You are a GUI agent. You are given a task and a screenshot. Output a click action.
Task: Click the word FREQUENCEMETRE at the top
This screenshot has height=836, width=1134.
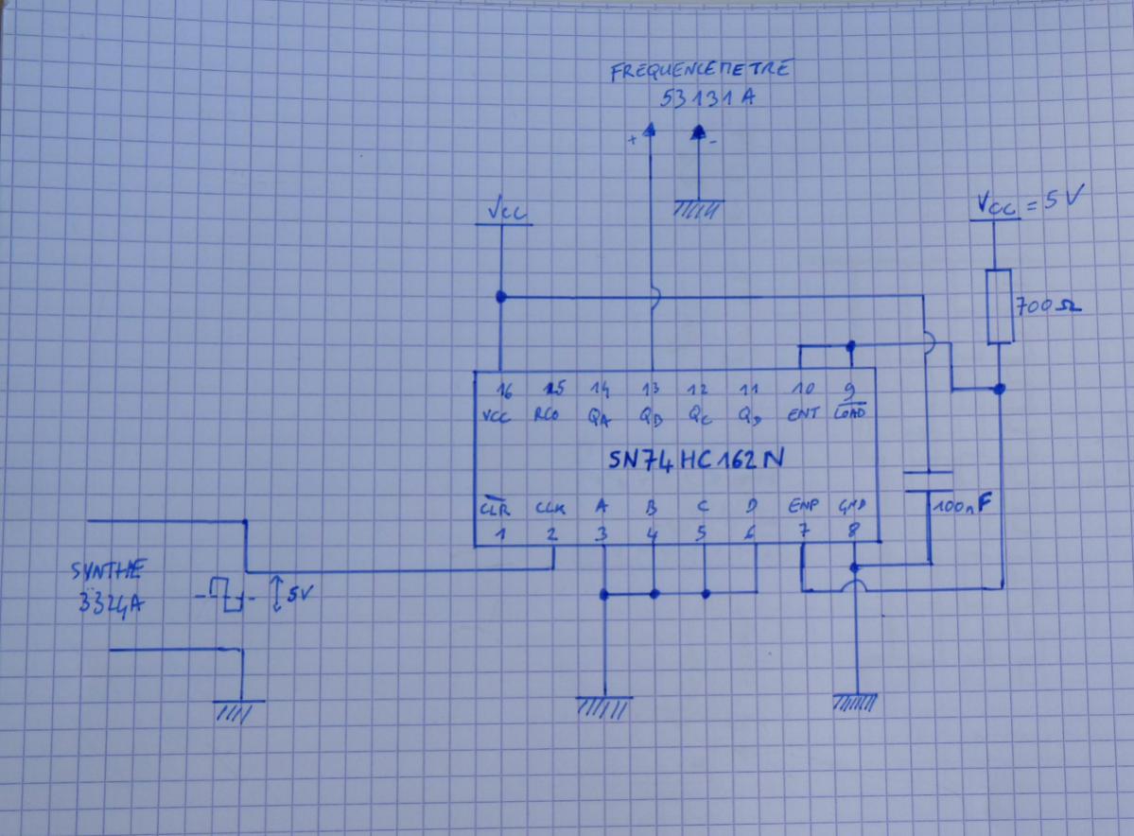coord(700,72)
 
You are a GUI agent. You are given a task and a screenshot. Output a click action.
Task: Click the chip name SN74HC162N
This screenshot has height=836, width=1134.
coord(694,461)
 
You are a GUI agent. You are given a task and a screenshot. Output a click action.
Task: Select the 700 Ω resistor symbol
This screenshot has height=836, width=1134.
coord(1000,305)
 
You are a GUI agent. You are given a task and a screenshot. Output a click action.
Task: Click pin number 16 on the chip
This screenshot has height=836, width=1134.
coord(506,389)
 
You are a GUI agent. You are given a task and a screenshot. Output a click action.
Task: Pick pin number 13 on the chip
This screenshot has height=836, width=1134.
coord(652,389)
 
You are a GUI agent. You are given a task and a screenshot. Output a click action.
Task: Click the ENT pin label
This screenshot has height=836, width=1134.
coord(802,414)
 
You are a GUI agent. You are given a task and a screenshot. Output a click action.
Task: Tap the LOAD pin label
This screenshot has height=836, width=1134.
coord(849,414)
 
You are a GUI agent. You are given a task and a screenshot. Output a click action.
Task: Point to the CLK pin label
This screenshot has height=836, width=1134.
coord(551,508)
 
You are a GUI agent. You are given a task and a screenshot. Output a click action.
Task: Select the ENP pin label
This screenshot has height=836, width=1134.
coord(804,508)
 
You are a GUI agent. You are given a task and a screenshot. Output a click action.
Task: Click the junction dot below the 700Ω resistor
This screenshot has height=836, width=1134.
coord(1001,389)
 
